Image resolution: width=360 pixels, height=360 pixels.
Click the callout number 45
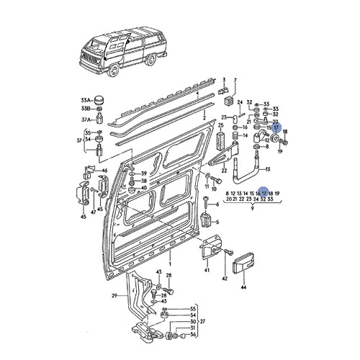tap(84, 215)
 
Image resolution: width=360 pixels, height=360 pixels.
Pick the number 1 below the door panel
tap(170, 255)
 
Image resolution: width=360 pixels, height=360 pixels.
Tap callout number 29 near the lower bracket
tap(113, 296)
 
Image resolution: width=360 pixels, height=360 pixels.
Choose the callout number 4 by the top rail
tap(197, 92)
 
